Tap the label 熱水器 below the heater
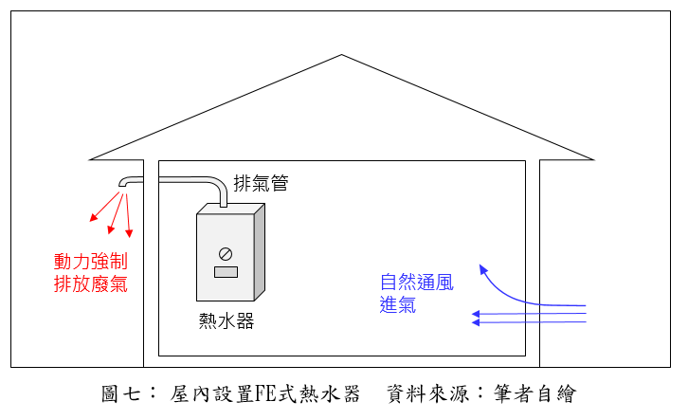pyautogui.click(x=226, y=320)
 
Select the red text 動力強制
pyautogui.click(x=91, y=262)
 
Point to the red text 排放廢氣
pyautogui.click(x=91, y=283)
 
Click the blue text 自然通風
pyautogui.click(x=417, y=283)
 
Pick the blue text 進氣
pyautogui.click(x=398, y=304)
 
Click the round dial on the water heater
pyautogui.click(x=226, y=253)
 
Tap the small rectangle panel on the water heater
pyautogui.click(x=226, y=273)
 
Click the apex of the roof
pyautogui.click(x=341, y=55)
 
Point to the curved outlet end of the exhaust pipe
pyautogui.click(x=124, y=183)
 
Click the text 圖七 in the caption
pyautogui.click(x=119, y=393)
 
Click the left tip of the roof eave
pyautogui.click(x=90, y=158)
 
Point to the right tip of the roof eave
pyautogui.click(x=594, y=158)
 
